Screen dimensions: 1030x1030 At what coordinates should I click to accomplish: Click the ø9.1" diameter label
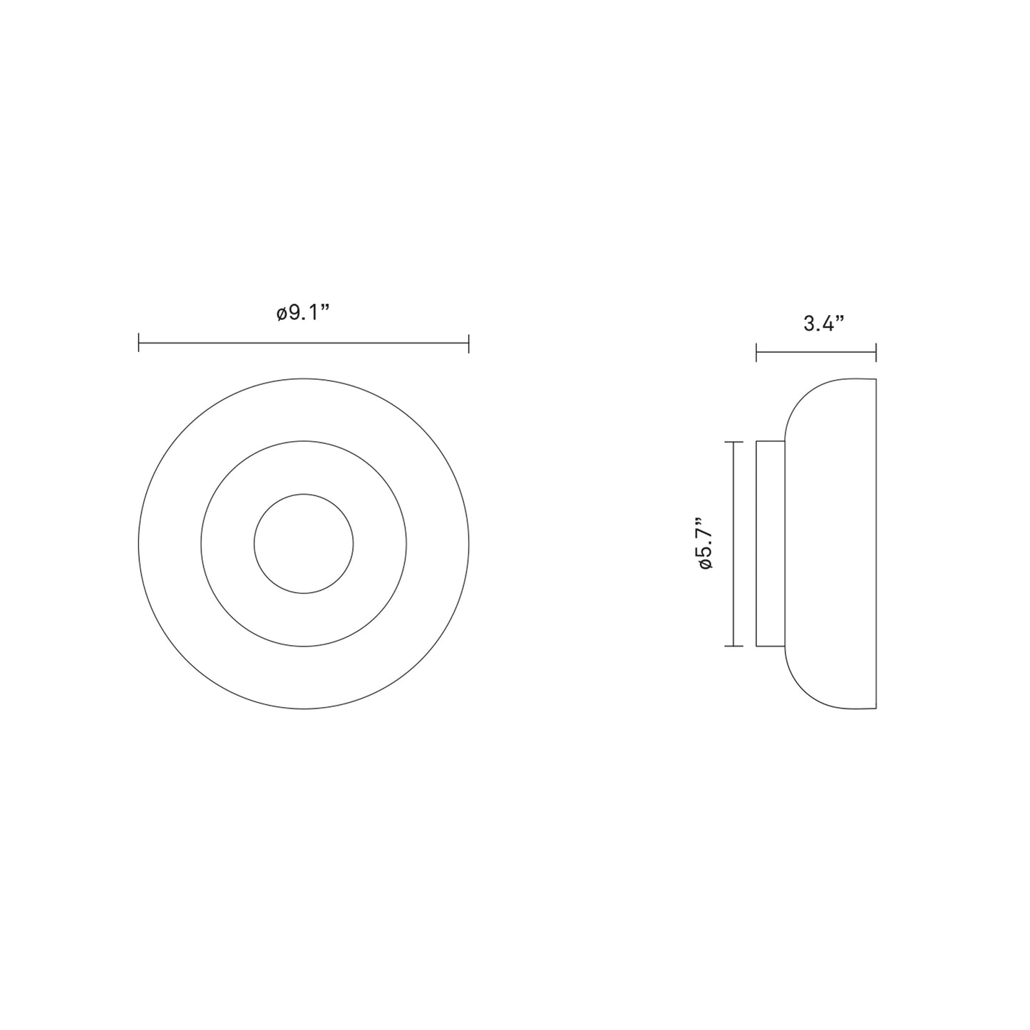(304, 313)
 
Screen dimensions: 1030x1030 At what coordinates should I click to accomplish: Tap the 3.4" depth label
(823, 324)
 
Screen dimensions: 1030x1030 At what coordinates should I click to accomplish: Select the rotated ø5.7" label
(706, 543)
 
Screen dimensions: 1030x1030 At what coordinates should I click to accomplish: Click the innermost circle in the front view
(304, 544)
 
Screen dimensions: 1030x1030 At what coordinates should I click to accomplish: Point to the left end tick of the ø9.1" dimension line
(139, 344)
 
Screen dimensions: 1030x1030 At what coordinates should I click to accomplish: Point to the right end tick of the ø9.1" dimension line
(468, 344)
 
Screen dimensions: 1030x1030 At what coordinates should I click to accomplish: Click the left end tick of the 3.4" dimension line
(757, 351)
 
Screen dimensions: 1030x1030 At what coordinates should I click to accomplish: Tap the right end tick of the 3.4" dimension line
(875, 351)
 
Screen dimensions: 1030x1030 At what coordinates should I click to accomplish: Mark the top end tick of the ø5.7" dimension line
(733, 443)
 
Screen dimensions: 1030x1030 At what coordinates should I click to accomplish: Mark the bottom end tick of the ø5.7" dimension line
(733, 646)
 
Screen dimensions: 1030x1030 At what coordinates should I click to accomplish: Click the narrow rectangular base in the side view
(771, 544)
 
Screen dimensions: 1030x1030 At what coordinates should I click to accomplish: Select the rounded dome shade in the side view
(830, 544)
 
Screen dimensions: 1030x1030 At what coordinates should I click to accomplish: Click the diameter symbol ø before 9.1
(282, 314)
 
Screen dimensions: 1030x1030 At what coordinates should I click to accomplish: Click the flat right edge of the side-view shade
(875, 544)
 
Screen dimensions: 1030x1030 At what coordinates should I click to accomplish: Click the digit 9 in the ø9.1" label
(294, 313)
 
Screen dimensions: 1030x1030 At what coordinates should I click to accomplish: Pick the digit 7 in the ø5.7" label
(706, 530)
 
